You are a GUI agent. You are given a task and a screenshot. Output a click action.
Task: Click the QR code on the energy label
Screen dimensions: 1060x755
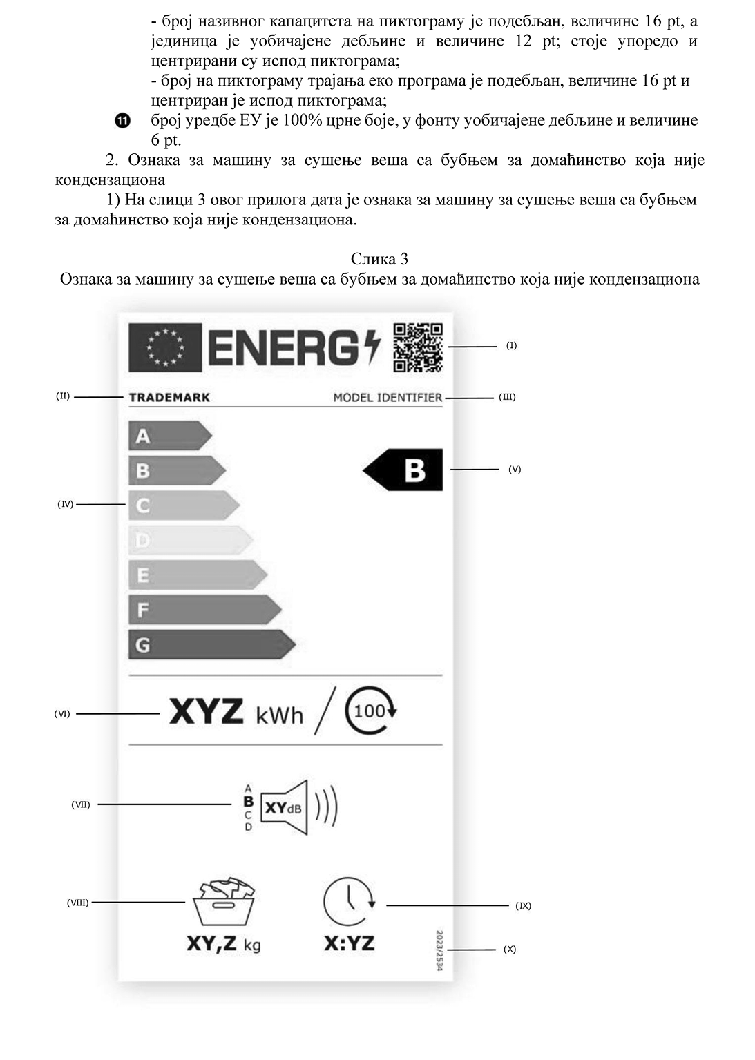click(x=418, y=347)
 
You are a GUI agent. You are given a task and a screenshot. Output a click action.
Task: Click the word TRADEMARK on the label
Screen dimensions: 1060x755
click(x=169, y=397)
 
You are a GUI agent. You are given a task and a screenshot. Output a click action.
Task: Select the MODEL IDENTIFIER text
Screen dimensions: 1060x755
click(x=388, y=397)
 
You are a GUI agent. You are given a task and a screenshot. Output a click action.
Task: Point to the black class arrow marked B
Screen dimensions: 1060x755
click(x=404, y=470)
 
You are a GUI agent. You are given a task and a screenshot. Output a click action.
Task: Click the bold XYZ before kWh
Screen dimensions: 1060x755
click(x=206, y=712)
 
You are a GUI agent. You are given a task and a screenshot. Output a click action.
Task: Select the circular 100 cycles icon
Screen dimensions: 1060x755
click(x=370, y=711)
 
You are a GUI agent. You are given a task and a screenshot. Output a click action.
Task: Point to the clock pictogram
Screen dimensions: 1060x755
click(x=349, y=901)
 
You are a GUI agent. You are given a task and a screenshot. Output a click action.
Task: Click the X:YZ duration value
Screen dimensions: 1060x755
click(x=349, y=943)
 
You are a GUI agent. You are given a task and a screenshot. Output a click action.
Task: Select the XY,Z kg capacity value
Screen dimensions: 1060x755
click(x=223, y=944)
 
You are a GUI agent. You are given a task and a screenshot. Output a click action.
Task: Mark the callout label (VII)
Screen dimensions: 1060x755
click(x=81, y=804)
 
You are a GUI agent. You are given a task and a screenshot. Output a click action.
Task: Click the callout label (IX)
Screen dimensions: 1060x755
click(x=523, y=905)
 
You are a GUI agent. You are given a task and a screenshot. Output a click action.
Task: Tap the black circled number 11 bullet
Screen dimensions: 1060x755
click(x=122, y=122)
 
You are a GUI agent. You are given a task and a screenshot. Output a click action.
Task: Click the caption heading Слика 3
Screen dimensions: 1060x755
click(x=379, y=259)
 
